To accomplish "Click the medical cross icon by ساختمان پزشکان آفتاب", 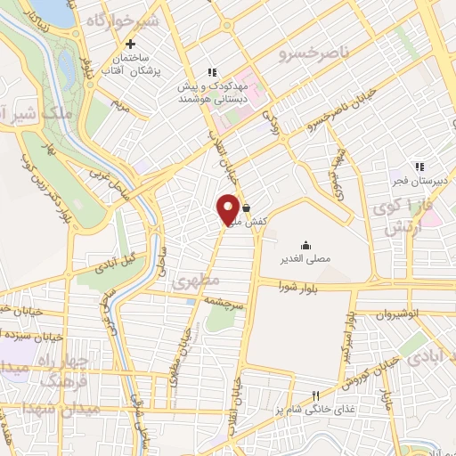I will pyautogui.click(x=131, y=44).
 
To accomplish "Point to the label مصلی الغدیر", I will pyautogui.click(x=305, y=260).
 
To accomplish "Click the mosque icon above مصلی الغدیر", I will pyautogui.click(x=306, y=245).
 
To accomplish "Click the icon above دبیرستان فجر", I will pyautogui.click(x=418, y=166).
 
